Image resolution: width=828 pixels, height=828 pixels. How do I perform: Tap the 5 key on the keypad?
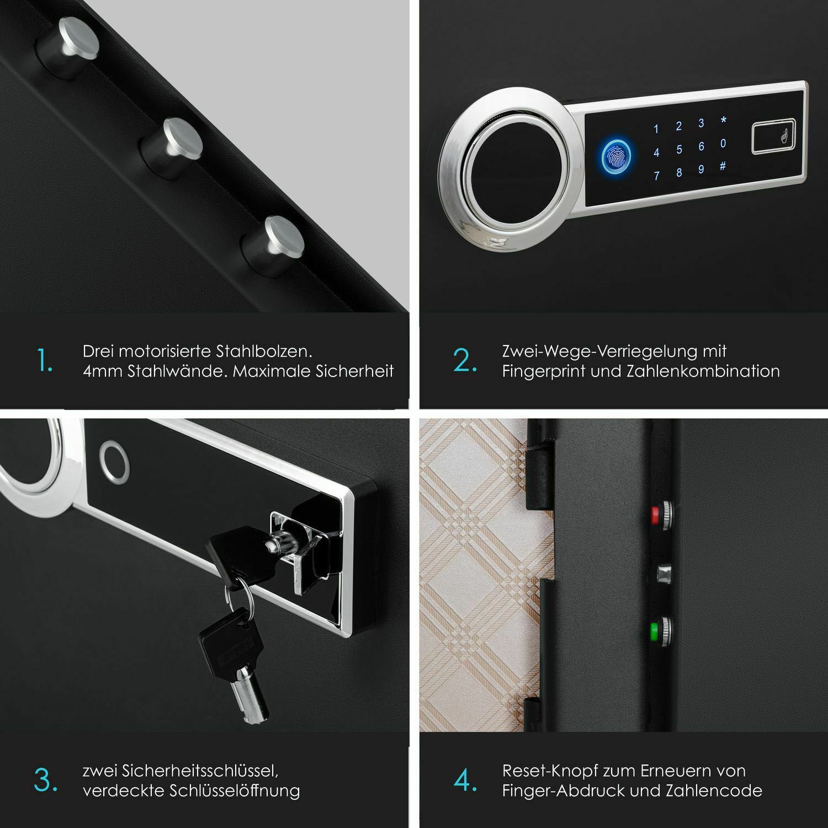tap(679, 150)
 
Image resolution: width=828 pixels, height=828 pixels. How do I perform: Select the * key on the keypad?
tap(724, 120)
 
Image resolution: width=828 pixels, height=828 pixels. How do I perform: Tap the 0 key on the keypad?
tap(723, 144)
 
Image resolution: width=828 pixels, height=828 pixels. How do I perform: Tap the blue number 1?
tap(656, 130)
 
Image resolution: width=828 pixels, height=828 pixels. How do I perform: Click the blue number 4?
tap(656, 153)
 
